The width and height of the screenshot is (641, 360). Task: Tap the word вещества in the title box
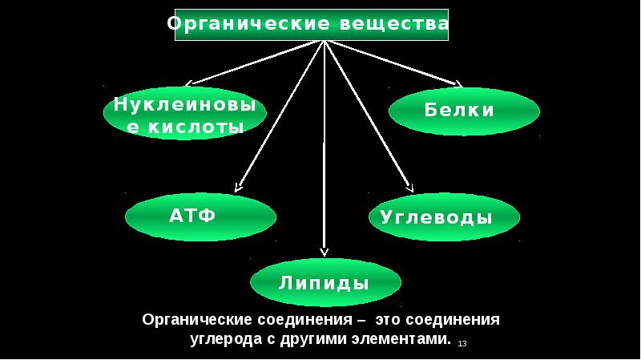pyautogui.click(x=393, y=24)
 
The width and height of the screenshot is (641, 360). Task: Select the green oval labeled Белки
pyautogui.click(x=464, y=111)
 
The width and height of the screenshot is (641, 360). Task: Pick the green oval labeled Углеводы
pyautogui.click(x=444, y=216)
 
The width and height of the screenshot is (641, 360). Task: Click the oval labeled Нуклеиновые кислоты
pyautogui.click(x=185, y=115)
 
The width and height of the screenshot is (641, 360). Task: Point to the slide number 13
pyautogui.click(x=462, y=343)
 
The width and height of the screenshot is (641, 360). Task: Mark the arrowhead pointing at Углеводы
pyautogui.click(x=410, y=189)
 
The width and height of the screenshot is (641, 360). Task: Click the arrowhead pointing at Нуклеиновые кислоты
pyautogui.click(x=189, y=83)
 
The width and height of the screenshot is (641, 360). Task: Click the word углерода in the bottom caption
pyautogui.click(x=220, y=338)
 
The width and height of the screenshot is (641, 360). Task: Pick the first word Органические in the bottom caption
pyautogui.click(x=196, y=319)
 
